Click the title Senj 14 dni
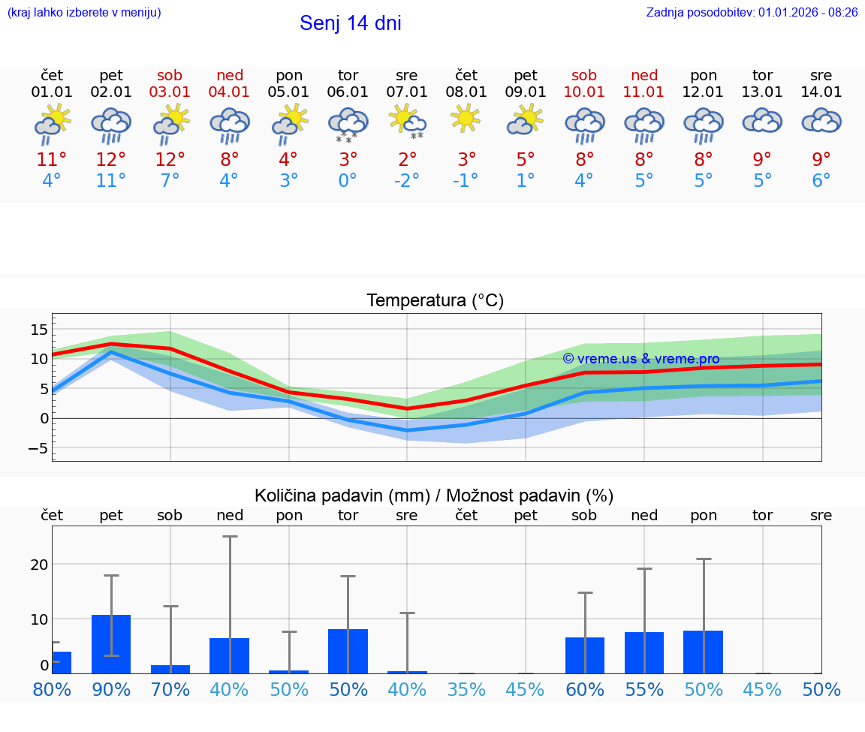tap(350, 23)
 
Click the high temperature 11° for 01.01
tap(52, 160)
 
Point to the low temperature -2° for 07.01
tap(406, 181)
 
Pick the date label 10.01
tap(584, 92)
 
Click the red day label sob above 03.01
tap(170, 75)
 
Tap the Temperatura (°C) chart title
tap(435, 301)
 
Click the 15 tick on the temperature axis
tap(39, 330)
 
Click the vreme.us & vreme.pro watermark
tap(641, 359)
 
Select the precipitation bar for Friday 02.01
tap(111, 644)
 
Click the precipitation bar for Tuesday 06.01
tap(348, 651)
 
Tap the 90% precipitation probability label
tap(111, 689)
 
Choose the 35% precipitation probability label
tap(466, 689)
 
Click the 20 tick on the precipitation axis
tap(39, 564)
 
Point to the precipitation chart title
tap(433, 496)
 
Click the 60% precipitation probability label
tap(584, 689)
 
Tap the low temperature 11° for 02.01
tap(110, 181)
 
